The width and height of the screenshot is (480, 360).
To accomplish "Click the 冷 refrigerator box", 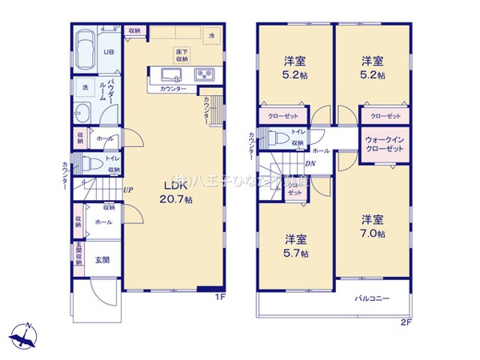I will pos(212,37).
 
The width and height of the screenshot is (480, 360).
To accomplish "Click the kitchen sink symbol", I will pos(172,75).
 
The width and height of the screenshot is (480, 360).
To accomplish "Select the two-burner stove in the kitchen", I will pos(203,75).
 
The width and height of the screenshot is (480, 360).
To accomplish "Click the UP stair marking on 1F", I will pos(128,190).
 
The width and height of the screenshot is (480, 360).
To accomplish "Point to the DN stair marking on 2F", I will pos(310,164).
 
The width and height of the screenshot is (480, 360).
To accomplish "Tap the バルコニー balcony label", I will pos(373,298).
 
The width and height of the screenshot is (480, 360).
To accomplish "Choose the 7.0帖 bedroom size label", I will pos(372,226).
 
